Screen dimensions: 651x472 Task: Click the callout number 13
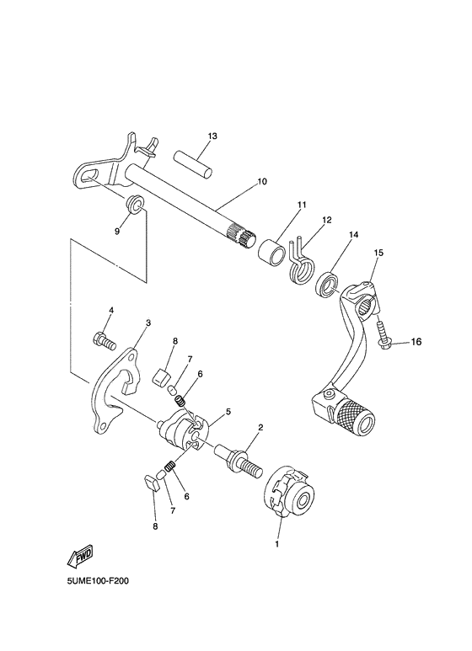pyautogui.click(x=212, y=136)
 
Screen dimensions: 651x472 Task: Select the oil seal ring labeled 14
pyautogui.click(x=327, y=284)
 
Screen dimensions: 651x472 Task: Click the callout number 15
pyautogui.click(x=378, y=252)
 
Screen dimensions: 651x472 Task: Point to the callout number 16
pyautogui.click(x=416, y=342)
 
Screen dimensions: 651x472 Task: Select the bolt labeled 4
pyautogui.click(x=103, y=340)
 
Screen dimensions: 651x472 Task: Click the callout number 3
pyautogui.click(x=147, y=323)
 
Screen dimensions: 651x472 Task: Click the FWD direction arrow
pyautogui.click(x=78, y=557)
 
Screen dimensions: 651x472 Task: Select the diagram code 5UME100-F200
pyautogui.click(x=94, y=581)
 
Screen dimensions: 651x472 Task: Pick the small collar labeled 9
pyautogui.click(x=133, y=204)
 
